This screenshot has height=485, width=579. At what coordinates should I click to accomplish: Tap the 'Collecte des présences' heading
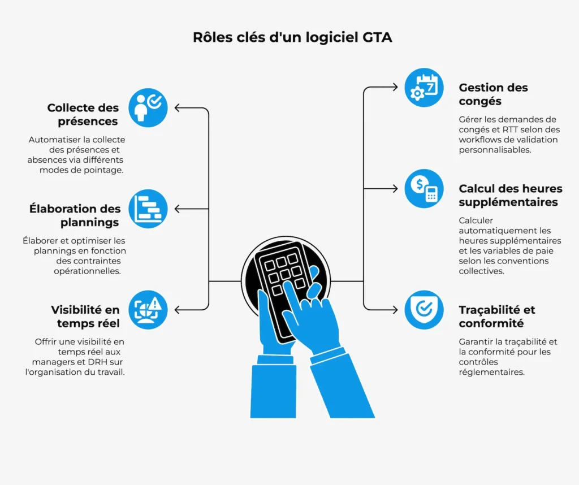(83, 114)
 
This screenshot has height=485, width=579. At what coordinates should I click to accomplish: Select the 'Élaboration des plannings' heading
(75, 215)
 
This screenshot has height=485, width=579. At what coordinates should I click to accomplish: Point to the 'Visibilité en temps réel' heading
(85, 316)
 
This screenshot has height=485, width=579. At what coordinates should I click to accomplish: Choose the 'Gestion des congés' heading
(493, 94)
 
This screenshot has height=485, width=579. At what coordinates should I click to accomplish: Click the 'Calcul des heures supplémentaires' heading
(510, 195)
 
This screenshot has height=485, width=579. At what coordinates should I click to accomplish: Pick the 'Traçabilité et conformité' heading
(497, 317)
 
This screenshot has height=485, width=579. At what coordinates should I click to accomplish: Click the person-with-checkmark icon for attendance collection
(148, 107)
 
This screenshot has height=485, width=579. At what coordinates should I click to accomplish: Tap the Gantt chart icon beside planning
(148, 209)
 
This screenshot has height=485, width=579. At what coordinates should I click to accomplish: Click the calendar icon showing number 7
(424, 88)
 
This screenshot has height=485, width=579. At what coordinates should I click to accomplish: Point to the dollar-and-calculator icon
(424, 188)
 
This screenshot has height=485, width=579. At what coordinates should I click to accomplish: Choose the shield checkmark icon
(424, 310)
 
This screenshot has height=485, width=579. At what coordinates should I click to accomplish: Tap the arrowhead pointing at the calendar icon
(395, 88)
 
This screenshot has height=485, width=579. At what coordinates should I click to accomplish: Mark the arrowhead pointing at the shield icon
(395, 310)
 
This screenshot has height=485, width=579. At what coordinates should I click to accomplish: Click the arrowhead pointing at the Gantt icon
(178, 209)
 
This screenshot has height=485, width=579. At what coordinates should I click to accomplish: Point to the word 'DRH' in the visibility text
(94, 362)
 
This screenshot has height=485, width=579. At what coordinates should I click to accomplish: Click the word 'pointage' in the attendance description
(105, 170)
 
